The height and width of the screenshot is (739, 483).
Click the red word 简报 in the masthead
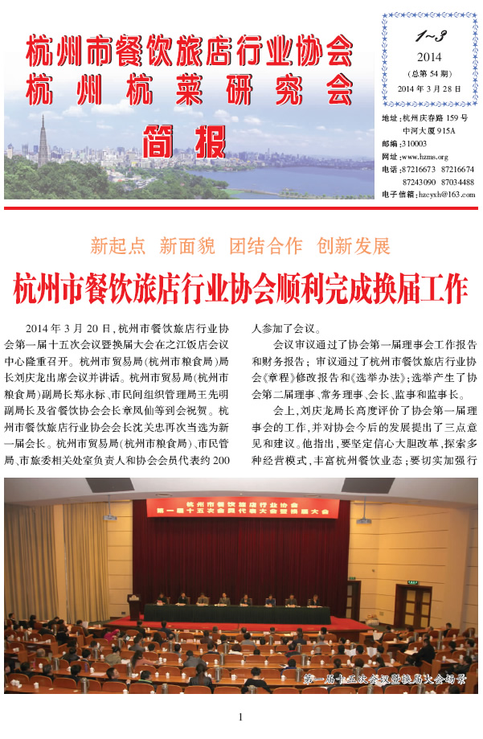184,142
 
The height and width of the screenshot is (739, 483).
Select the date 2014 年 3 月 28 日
429,88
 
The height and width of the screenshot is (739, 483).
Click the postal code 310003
427,143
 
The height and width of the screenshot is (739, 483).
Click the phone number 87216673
419,169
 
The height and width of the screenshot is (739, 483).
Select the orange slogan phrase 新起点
118,245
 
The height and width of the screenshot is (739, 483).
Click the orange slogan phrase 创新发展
354,245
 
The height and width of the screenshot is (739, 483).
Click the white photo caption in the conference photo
385,679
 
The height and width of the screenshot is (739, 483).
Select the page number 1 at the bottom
240,717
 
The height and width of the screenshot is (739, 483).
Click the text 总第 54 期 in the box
429,73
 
